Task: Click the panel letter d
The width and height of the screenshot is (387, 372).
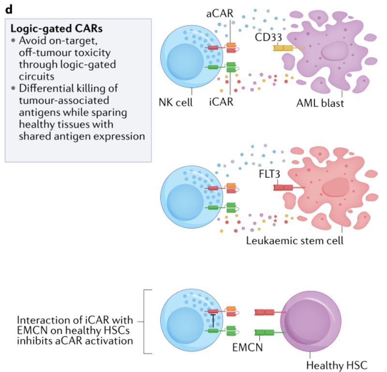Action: (9, 9)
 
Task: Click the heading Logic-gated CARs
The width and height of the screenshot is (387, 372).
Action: (57, 29)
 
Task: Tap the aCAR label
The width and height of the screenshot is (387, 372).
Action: (220, 14)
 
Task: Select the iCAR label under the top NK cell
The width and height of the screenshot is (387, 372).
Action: (221, 102)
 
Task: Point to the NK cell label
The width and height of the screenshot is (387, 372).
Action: (176, 102)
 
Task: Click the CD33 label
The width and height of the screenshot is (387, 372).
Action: (268, 37)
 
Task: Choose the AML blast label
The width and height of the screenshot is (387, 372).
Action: (320, 103)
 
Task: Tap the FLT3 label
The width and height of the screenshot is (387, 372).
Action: (269, 174)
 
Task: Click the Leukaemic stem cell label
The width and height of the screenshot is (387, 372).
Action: (295, 240)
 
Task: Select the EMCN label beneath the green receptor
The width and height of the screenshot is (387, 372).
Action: (248, 347)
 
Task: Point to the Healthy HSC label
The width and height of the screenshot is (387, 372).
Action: (337, 365)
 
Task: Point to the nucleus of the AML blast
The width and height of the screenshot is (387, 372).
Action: (335, 52)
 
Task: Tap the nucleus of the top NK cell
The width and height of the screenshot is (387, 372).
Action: (185, 62)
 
